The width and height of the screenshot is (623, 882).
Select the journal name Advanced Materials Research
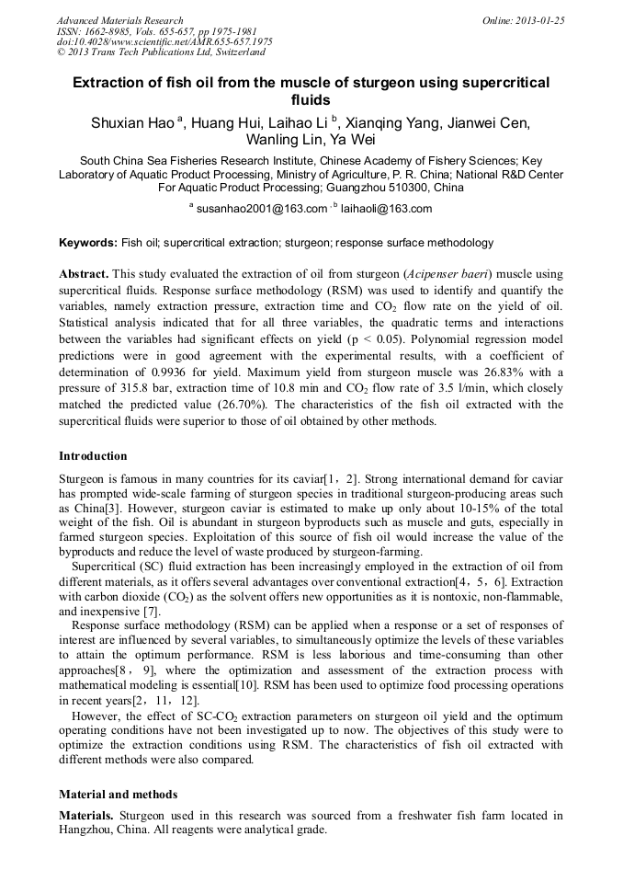coord(119,20)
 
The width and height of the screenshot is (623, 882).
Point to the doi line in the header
coord(164,42)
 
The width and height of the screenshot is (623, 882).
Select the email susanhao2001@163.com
coord(262,209)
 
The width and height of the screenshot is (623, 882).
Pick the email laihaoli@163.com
coord(386,209)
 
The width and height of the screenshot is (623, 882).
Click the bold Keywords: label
coord(87,244)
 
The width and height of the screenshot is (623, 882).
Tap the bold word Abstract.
coord(85,275)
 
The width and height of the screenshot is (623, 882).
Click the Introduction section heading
coord(93,456)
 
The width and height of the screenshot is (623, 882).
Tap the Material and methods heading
coord(118,794)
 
